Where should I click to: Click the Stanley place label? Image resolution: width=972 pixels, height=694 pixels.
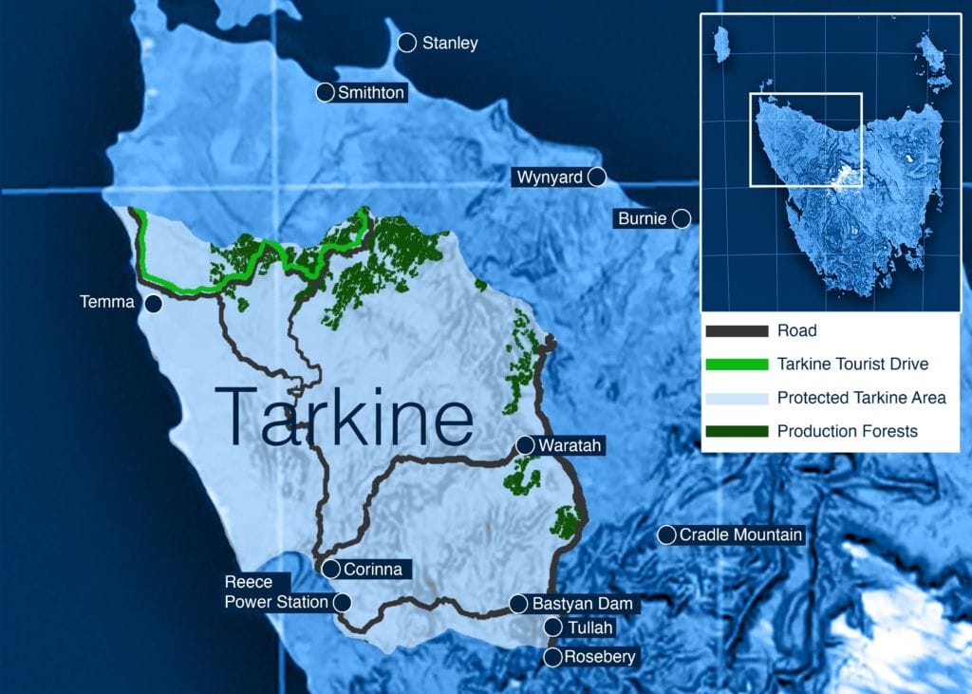click(450, 43)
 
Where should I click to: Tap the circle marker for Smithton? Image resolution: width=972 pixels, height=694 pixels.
click(325, 92)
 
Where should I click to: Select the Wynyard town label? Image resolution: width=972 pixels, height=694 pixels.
click(550, 177)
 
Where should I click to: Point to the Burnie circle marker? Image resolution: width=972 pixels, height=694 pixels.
click(681, 218)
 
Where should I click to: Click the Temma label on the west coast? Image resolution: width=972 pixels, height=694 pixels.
click(108, 304)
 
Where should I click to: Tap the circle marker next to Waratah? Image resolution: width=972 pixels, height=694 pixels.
click(525, 444)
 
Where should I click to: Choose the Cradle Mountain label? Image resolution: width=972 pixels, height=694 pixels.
click(740, 535)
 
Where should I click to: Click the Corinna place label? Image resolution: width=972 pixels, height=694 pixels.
click(373, 570)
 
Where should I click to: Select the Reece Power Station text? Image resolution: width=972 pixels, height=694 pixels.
click(275, 592)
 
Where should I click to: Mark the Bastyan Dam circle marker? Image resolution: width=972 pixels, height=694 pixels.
click(518, 603)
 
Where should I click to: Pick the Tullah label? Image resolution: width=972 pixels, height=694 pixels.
click(590, 628)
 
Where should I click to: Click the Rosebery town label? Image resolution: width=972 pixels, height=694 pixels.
click(599, 657)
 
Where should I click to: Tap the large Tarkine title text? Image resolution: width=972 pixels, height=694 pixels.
click(345, 415)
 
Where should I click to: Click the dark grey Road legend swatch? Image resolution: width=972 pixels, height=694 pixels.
click(736, 331)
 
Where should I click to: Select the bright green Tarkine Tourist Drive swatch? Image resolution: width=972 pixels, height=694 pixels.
click(736, 365)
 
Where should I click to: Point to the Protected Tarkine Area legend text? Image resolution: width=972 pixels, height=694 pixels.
click(861, 398)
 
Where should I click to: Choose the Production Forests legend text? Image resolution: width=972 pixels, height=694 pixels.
click(847, 431)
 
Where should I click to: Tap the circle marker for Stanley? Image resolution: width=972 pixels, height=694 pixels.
click(407, 42)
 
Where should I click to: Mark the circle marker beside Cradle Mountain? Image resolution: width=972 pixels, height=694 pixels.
click(666, 535)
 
